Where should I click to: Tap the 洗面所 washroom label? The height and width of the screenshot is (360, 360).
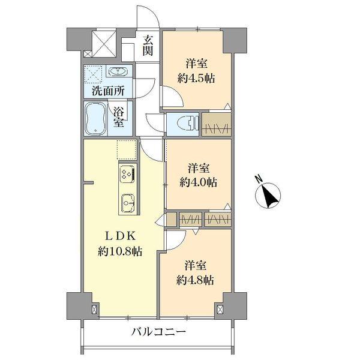click(x=108, y=91)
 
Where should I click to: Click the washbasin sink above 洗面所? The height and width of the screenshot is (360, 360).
click(x=118, y=73)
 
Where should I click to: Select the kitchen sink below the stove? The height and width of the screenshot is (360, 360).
click(x=128, y=201)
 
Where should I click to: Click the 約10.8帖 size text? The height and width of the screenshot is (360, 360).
click(x=120, y=252)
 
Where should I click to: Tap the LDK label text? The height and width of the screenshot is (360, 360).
click(x=119, y=236)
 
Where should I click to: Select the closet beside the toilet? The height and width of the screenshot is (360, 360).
click(x=216, y=124)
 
